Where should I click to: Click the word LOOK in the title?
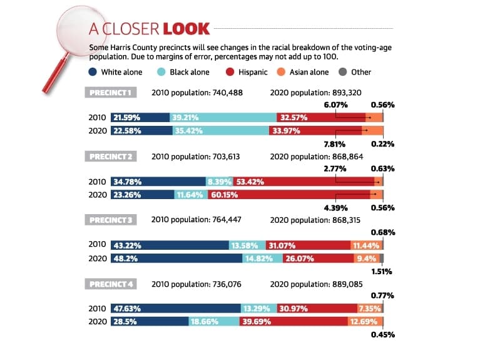(x=186, y=29)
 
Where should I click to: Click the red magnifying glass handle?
(x=55, y=73)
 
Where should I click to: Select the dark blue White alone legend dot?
(x=93, y=72)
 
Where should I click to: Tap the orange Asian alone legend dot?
(x=281, y=72)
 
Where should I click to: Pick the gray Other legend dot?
(x=343, y=72)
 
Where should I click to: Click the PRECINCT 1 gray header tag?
(x=111, y=93)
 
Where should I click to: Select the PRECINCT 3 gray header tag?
(x=111, y=220)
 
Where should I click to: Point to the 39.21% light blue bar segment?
(x=223, y=117)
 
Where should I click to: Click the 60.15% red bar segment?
(x=289, y=195)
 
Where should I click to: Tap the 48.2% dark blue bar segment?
(x=176, y=259)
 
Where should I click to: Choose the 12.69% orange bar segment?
(x=365, y=321)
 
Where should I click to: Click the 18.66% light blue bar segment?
(x=214, y=321)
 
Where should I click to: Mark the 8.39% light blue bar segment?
(x=220, y=182)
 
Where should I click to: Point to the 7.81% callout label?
(x=335, y=144)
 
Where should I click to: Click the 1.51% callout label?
(x=382, y=272)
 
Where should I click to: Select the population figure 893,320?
(x=347, y=93)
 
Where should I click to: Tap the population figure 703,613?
(x=226, y=157)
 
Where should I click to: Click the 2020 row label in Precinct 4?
(x=98, y=321)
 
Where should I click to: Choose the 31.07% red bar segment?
(x=309, y=245)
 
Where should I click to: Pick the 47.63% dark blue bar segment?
(x=176, y=308)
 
